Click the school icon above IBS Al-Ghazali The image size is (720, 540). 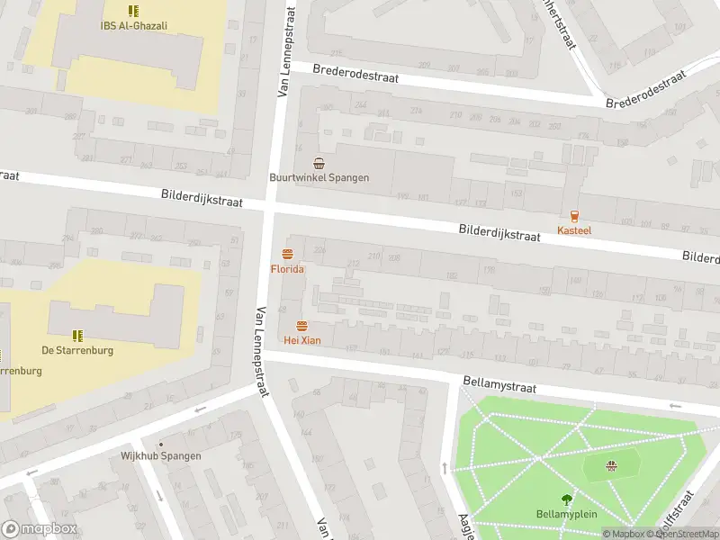[x=134, y=11]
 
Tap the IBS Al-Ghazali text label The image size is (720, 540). [x=134, y=26]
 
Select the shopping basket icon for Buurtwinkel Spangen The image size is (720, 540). [x=319, y=163]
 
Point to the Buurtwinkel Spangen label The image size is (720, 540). [x=319, y=178]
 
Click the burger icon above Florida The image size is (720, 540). [x=287, y=254]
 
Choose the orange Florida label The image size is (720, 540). [x=287, y=269]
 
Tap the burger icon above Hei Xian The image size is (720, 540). [x=301, y=325]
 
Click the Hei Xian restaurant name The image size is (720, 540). [x=301, y=340]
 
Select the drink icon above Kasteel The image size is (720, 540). [x=574, y=215]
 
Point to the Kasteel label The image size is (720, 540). [x=574, y=231]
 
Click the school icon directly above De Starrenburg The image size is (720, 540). [x=77, y=335]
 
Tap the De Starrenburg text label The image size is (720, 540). [x=77, y=350]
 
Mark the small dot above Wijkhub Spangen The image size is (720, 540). [x=161, y=444]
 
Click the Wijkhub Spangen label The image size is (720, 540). [x=161, y=456]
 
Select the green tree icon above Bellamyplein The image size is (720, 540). [x=566, y=499]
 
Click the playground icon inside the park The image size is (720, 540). [x=612, y=465]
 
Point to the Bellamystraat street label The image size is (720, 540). [x=499, y=385]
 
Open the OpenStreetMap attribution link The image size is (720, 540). [x=684, y=534]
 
